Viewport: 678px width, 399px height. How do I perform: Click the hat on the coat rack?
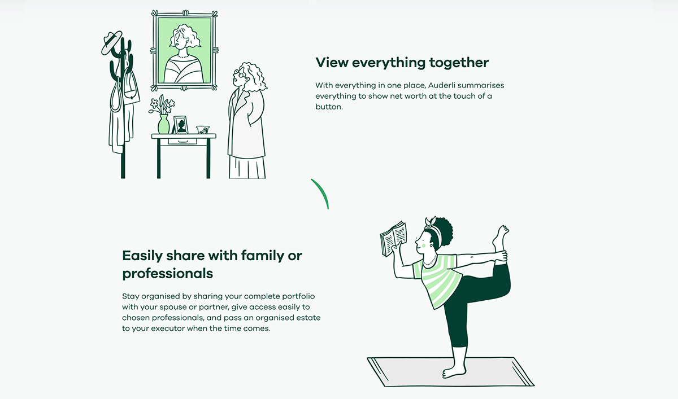click(x=111, y=42)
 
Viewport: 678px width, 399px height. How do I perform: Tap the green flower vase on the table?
click(x=163, y=124)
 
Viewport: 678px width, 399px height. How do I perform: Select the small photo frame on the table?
click(x=181, y=125)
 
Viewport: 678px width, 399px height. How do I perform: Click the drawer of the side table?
click(x=182, y=142)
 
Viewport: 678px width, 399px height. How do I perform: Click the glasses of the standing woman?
click(x=238, y=73)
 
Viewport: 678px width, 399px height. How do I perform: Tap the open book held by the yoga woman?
click(x=393, y=239)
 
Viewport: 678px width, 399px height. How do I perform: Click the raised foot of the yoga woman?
click(x=501, y=236)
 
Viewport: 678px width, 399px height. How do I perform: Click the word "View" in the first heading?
click(x=332, y=63)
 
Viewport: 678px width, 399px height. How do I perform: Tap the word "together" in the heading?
click(x=459, y=63)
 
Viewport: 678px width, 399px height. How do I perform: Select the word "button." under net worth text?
click(x=329, y=107)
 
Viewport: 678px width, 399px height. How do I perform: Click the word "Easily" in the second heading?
click(x=142, y=256)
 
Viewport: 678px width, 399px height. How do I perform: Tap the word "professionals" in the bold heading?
click(x=168, y=274)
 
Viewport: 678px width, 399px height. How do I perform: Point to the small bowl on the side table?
click(x=202, y=130)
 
